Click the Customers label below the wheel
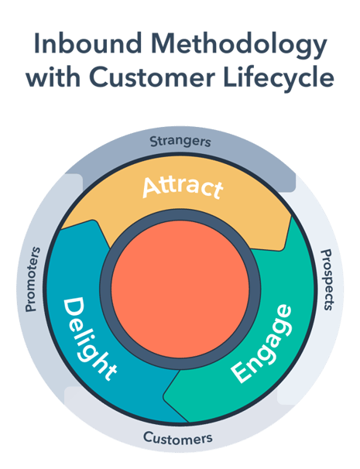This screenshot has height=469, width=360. pyautogui.click(x=177, y=438)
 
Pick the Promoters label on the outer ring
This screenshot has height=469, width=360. pyautogui.click(x=33, y=279)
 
